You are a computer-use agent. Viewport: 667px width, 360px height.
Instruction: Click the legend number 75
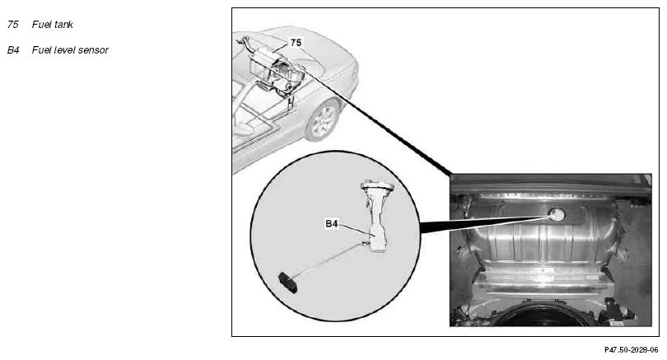12,25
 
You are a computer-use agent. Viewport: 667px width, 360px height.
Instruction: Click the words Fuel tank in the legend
53,25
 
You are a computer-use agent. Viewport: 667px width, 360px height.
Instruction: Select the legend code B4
13,50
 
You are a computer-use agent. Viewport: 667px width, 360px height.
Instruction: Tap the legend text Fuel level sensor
70,50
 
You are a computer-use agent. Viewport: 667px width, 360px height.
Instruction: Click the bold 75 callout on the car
296,43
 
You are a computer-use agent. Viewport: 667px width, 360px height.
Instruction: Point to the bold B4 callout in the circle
332,223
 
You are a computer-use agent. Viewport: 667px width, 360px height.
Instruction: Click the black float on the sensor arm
288,283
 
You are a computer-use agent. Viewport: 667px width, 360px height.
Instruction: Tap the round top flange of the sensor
377,186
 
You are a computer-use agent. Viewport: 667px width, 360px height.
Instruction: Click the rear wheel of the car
323,120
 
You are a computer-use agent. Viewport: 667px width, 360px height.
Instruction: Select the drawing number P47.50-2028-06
631,350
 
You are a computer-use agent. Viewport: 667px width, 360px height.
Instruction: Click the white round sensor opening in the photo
557,215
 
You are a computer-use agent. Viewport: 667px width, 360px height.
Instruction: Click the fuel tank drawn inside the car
277,70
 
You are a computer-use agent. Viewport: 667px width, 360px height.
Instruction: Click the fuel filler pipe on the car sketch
245,42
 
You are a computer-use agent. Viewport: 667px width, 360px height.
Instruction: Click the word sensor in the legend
95,50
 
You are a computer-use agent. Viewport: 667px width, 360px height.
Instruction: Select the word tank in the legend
63,25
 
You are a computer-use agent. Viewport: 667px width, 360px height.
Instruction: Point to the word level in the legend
66,50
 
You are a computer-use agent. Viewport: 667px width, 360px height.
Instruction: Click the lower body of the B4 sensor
377,241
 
